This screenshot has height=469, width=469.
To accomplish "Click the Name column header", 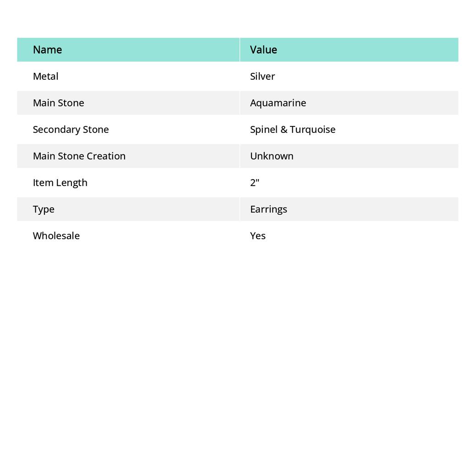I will pos(47,49).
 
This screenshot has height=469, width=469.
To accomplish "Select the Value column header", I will pos(263,49).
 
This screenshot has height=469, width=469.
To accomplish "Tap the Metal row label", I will pos(45,76).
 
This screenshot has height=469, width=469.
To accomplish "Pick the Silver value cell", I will pos(262,76).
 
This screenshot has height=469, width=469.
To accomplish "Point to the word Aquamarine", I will pos(278,103).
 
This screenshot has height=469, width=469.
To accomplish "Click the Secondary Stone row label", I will pos(71,129).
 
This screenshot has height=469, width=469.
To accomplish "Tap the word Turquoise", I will pos(313,129).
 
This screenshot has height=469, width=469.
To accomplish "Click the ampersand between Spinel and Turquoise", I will pos(284,129).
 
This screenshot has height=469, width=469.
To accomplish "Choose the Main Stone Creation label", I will pos(79,156).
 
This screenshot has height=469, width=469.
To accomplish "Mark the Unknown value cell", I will pos(272,156).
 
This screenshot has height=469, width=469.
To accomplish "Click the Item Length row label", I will pos(60,182).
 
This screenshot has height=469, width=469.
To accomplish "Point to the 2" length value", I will pos(255,182).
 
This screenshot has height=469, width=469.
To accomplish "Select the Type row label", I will pos(44,209).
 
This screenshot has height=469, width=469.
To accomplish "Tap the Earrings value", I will pos(268,209).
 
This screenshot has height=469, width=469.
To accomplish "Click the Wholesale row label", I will pos(56,235).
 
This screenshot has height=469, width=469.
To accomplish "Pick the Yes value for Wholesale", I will pos(258,235).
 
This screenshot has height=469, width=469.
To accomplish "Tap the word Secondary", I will pos(53,129).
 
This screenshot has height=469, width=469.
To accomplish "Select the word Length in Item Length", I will pos(72,182).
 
